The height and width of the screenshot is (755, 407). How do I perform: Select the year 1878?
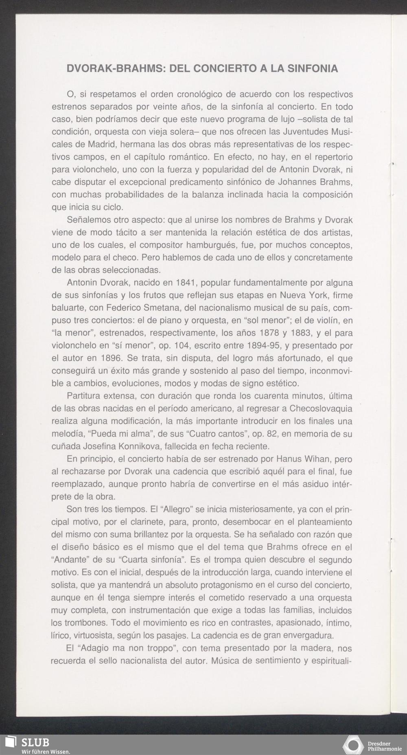click(x=269, y=333)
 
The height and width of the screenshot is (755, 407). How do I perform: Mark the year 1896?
click(x=110, y=358)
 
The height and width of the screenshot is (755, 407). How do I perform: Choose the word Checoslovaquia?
click(x=321, y=408)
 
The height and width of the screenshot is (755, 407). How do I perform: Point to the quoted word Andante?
click(x=72, y=560)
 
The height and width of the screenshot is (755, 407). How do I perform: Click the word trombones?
click(x=85, y=623)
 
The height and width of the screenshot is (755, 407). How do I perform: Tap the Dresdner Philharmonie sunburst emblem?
click(x=353, y=745)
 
